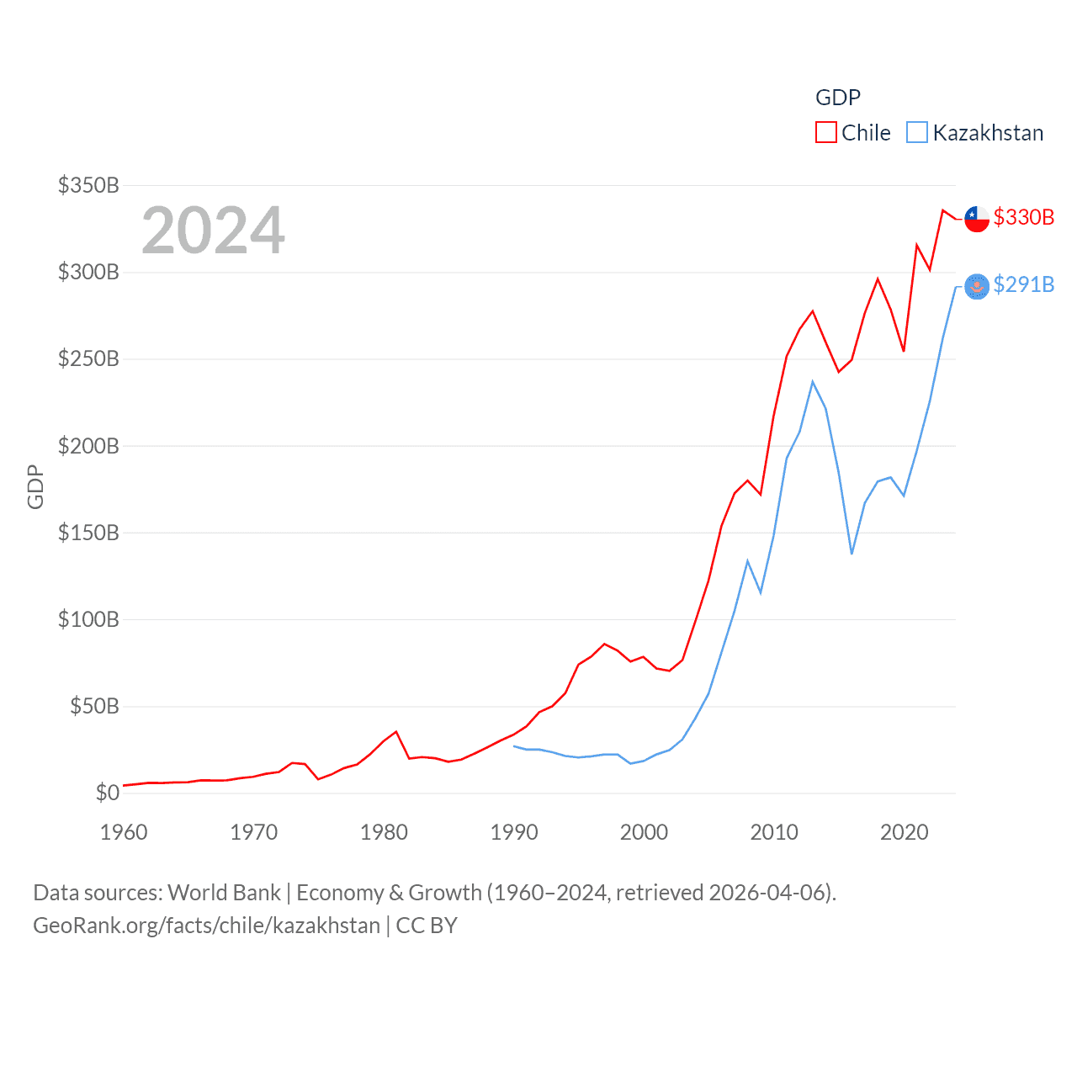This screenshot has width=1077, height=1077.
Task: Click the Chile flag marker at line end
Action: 976,219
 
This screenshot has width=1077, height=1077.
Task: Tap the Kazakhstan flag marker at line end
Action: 976,287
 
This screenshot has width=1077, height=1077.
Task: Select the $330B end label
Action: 1023,217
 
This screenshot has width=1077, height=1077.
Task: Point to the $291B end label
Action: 1023,284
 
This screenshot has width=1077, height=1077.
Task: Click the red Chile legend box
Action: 825,133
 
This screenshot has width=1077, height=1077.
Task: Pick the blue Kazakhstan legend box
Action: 916,133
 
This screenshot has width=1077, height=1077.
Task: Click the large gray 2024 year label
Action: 213,231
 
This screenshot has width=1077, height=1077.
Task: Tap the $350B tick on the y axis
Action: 88,185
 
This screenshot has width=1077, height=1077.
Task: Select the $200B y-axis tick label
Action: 88,446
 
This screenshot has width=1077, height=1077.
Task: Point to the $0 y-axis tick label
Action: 107,793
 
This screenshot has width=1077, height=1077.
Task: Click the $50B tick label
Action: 94,706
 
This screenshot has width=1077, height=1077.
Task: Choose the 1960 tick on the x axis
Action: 124,832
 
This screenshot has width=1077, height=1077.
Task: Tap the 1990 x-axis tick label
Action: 514,832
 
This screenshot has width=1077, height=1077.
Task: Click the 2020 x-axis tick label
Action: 904,832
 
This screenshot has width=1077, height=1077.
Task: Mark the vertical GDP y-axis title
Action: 35,486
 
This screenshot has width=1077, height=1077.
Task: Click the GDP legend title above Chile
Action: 837,98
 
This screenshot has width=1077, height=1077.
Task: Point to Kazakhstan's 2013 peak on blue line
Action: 813,382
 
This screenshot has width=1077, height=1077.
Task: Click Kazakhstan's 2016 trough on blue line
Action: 852,553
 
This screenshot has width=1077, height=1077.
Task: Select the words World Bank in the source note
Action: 224,892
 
